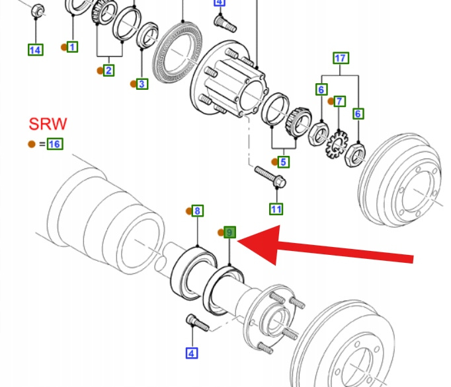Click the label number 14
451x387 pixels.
click(36, 50)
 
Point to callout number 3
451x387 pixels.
click(142, 84)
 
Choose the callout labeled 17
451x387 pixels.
click(341, 58)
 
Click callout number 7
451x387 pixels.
click(340, 101)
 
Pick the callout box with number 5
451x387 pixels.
click(283, 161)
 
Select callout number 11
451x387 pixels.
click(276, 209)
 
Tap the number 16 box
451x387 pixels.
click(54, 144)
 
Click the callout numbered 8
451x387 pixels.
click(198, 211)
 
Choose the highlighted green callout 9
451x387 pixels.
click(229, 232)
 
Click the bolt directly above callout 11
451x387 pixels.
click(270, 176)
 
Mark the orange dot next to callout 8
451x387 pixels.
click(188, 211)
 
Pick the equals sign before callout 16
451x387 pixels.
click(42, 144)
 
